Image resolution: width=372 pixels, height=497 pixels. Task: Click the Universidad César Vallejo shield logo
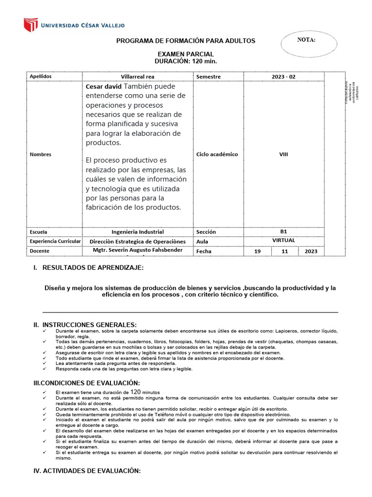point(31,25)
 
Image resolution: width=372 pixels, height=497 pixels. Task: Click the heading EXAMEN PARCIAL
point(186,54)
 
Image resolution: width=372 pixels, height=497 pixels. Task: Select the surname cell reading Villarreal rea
point(138,77)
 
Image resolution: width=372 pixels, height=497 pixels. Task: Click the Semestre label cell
point(208,77)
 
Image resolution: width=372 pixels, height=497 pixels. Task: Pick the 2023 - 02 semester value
point(283,77)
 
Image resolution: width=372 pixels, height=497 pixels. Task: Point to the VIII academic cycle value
point(283,154)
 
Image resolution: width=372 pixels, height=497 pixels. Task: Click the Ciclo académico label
point(217,154)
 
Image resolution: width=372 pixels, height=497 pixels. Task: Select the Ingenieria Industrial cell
point(138,232)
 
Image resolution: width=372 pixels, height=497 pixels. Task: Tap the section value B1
point(283,232)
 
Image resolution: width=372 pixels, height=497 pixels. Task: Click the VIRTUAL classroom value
point(283,240)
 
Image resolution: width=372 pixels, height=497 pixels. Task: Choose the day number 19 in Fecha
point(258,251)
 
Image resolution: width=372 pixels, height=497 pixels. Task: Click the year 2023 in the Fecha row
point(311,251)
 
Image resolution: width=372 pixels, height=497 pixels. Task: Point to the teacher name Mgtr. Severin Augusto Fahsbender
point(138,250)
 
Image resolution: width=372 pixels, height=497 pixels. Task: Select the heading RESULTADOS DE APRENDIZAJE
point(93,268)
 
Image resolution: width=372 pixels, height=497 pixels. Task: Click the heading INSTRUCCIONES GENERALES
point(89,325)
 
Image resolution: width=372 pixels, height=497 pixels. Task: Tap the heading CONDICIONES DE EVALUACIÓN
point(86,383)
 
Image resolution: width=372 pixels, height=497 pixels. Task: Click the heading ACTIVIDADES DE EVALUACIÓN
point(87,471)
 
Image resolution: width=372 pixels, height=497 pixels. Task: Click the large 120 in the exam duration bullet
point(136,392)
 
